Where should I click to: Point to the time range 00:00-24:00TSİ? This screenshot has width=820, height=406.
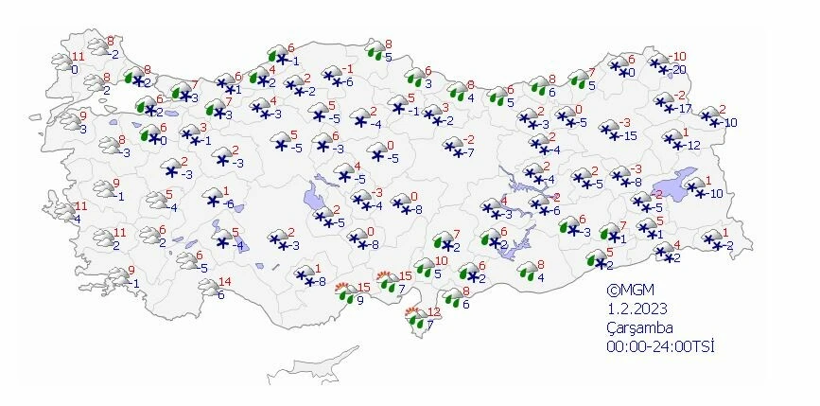[x=660, y=347]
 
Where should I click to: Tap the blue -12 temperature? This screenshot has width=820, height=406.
[x=692, y=145]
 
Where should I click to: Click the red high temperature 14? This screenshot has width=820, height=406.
[x=224, y=281]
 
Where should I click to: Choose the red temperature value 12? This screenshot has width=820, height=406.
[x=435, y=312]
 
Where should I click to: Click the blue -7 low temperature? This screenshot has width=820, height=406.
[x=468, y=152]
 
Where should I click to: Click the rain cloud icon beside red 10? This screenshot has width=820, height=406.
[x=419, y=269]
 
